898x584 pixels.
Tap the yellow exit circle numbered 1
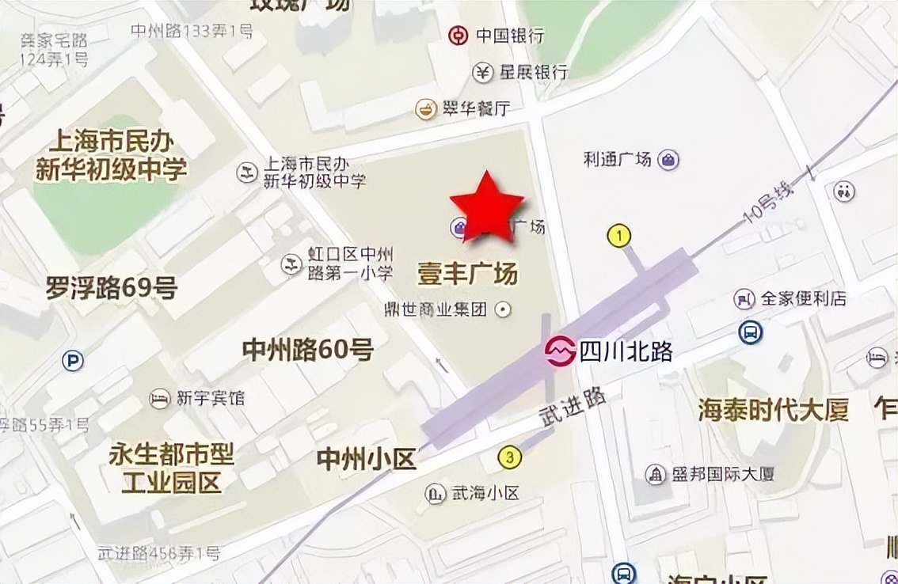click(x=618, y=235)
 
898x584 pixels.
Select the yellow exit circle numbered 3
click(x=510, y=457)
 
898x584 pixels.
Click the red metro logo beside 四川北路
click(x=560, y=351)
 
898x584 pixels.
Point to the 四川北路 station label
click(x=626, y=351)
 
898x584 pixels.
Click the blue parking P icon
click(x=73, y=362)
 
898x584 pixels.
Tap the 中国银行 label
click(x=510, y=36)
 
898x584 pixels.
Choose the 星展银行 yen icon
click(x=483, y=72)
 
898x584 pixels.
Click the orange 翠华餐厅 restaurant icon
click(x=426, y=109)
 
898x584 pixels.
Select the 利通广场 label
click(x=618, y=159)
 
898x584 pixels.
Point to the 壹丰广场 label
click(x=467, y=274)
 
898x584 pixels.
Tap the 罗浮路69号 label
click(x=111, y=288)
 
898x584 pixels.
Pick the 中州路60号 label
click(x=307, y=349)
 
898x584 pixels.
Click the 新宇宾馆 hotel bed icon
click(x=161, y=398)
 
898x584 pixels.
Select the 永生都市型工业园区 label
click(x=171, y=468)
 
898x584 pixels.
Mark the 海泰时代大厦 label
click(x=773, y=409)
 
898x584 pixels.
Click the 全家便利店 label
click(x=803, y=299)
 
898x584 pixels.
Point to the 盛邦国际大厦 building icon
click(x=656, y=475)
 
